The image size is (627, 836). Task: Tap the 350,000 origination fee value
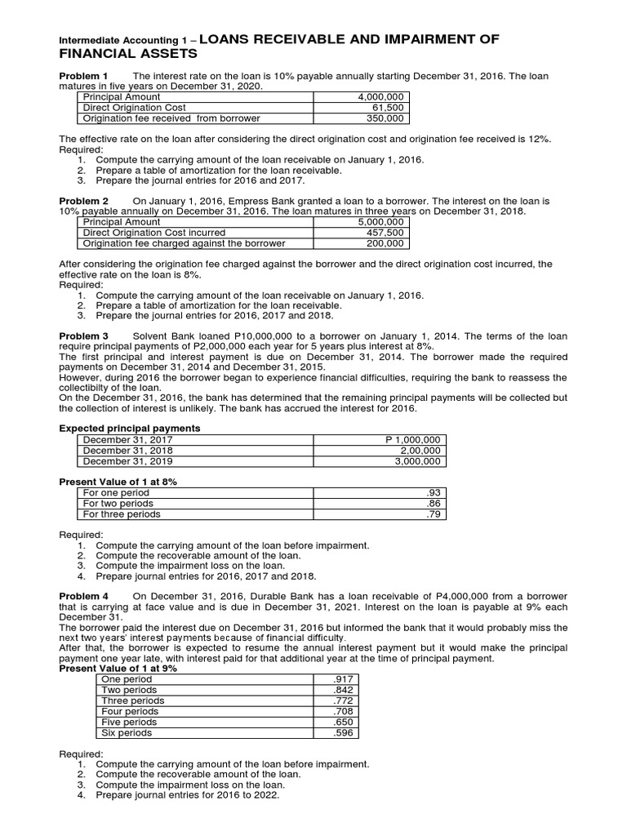coord(387,118)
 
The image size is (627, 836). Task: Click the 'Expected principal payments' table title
coord(131,428)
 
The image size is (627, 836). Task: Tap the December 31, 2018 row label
coord(129,450)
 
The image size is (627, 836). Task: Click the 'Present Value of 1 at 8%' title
coord(119,482)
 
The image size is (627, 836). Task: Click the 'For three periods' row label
coord(122,514)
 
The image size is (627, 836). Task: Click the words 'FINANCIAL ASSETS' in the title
coord(127,54)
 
